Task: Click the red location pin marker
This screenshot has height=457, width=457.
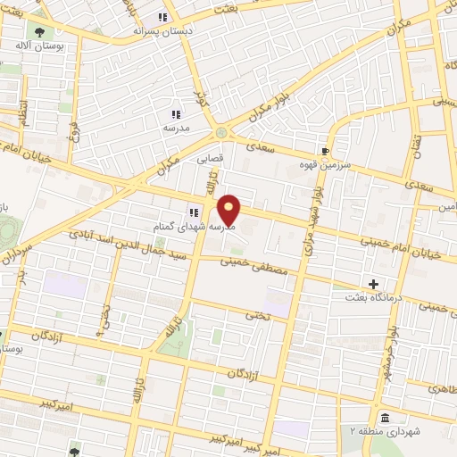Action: tap(229, 209)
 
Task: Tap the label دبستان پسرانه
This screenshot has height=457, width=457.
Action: tap(132, 30)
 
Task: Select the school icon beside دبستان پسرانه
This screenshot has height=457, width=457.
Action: tap(162, 17)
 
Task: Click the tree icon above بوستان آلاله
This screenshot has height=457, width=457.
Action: tap(38, 31)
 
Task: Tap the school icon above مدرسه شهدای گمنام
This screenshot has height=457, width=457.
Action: tap(193, 212)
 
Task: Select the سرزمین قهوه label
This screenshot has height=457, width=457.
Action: tap(328, 164)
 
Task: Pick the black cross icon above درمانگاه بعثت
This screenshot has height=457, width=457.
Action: tap(374, 284)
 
